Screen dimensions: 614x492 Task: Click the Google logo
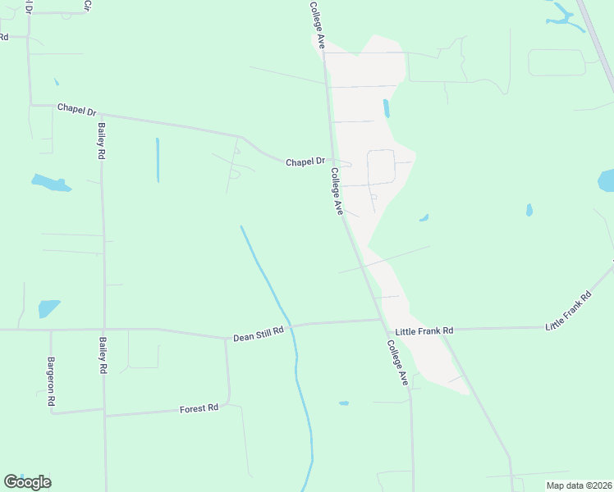27,482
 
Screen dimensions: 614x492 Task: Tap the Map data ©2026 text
579,485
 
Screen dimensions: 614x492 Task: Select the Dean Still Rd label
258,334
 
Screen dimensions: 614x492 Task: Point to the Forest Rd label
199,408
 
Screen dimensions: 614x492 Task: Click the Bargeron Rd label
51,381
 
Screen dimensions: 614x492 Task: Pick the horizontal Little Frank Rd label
424,330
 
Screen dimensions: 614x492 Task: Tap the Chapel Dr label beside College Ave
305,162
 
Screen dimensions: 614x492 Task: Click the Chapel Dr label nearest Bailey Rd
76,108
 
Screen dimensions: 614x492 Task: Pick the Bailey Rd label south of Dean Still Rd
103,356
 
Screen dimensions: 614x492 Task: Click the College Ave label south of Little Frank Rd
398,363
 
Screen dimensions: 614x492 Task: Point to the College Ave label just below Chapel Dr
337,191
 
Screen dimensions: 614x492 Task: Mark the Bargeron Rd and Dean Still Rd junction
51,330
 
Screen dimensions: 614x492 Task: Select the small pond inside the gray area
386,108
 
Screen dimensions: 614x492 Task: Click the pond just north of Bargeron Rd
49,308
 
